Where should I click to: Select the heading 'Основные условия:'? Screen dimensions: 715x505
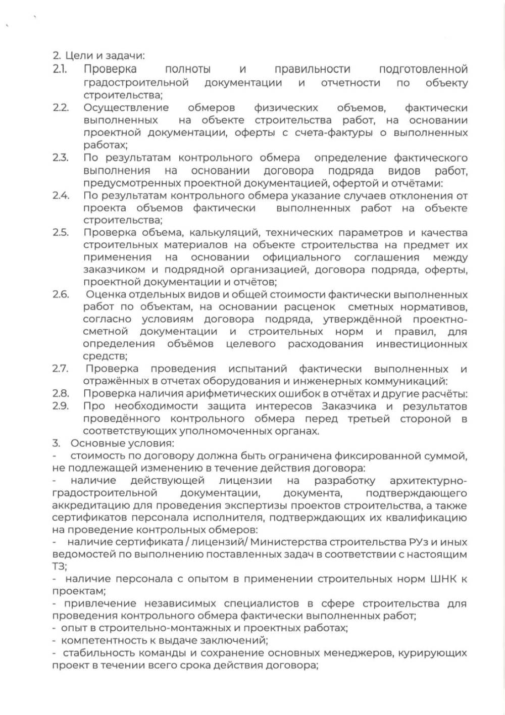(122, 443)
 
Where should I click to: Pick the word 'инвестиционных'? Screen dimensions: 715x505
(422, 344)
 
